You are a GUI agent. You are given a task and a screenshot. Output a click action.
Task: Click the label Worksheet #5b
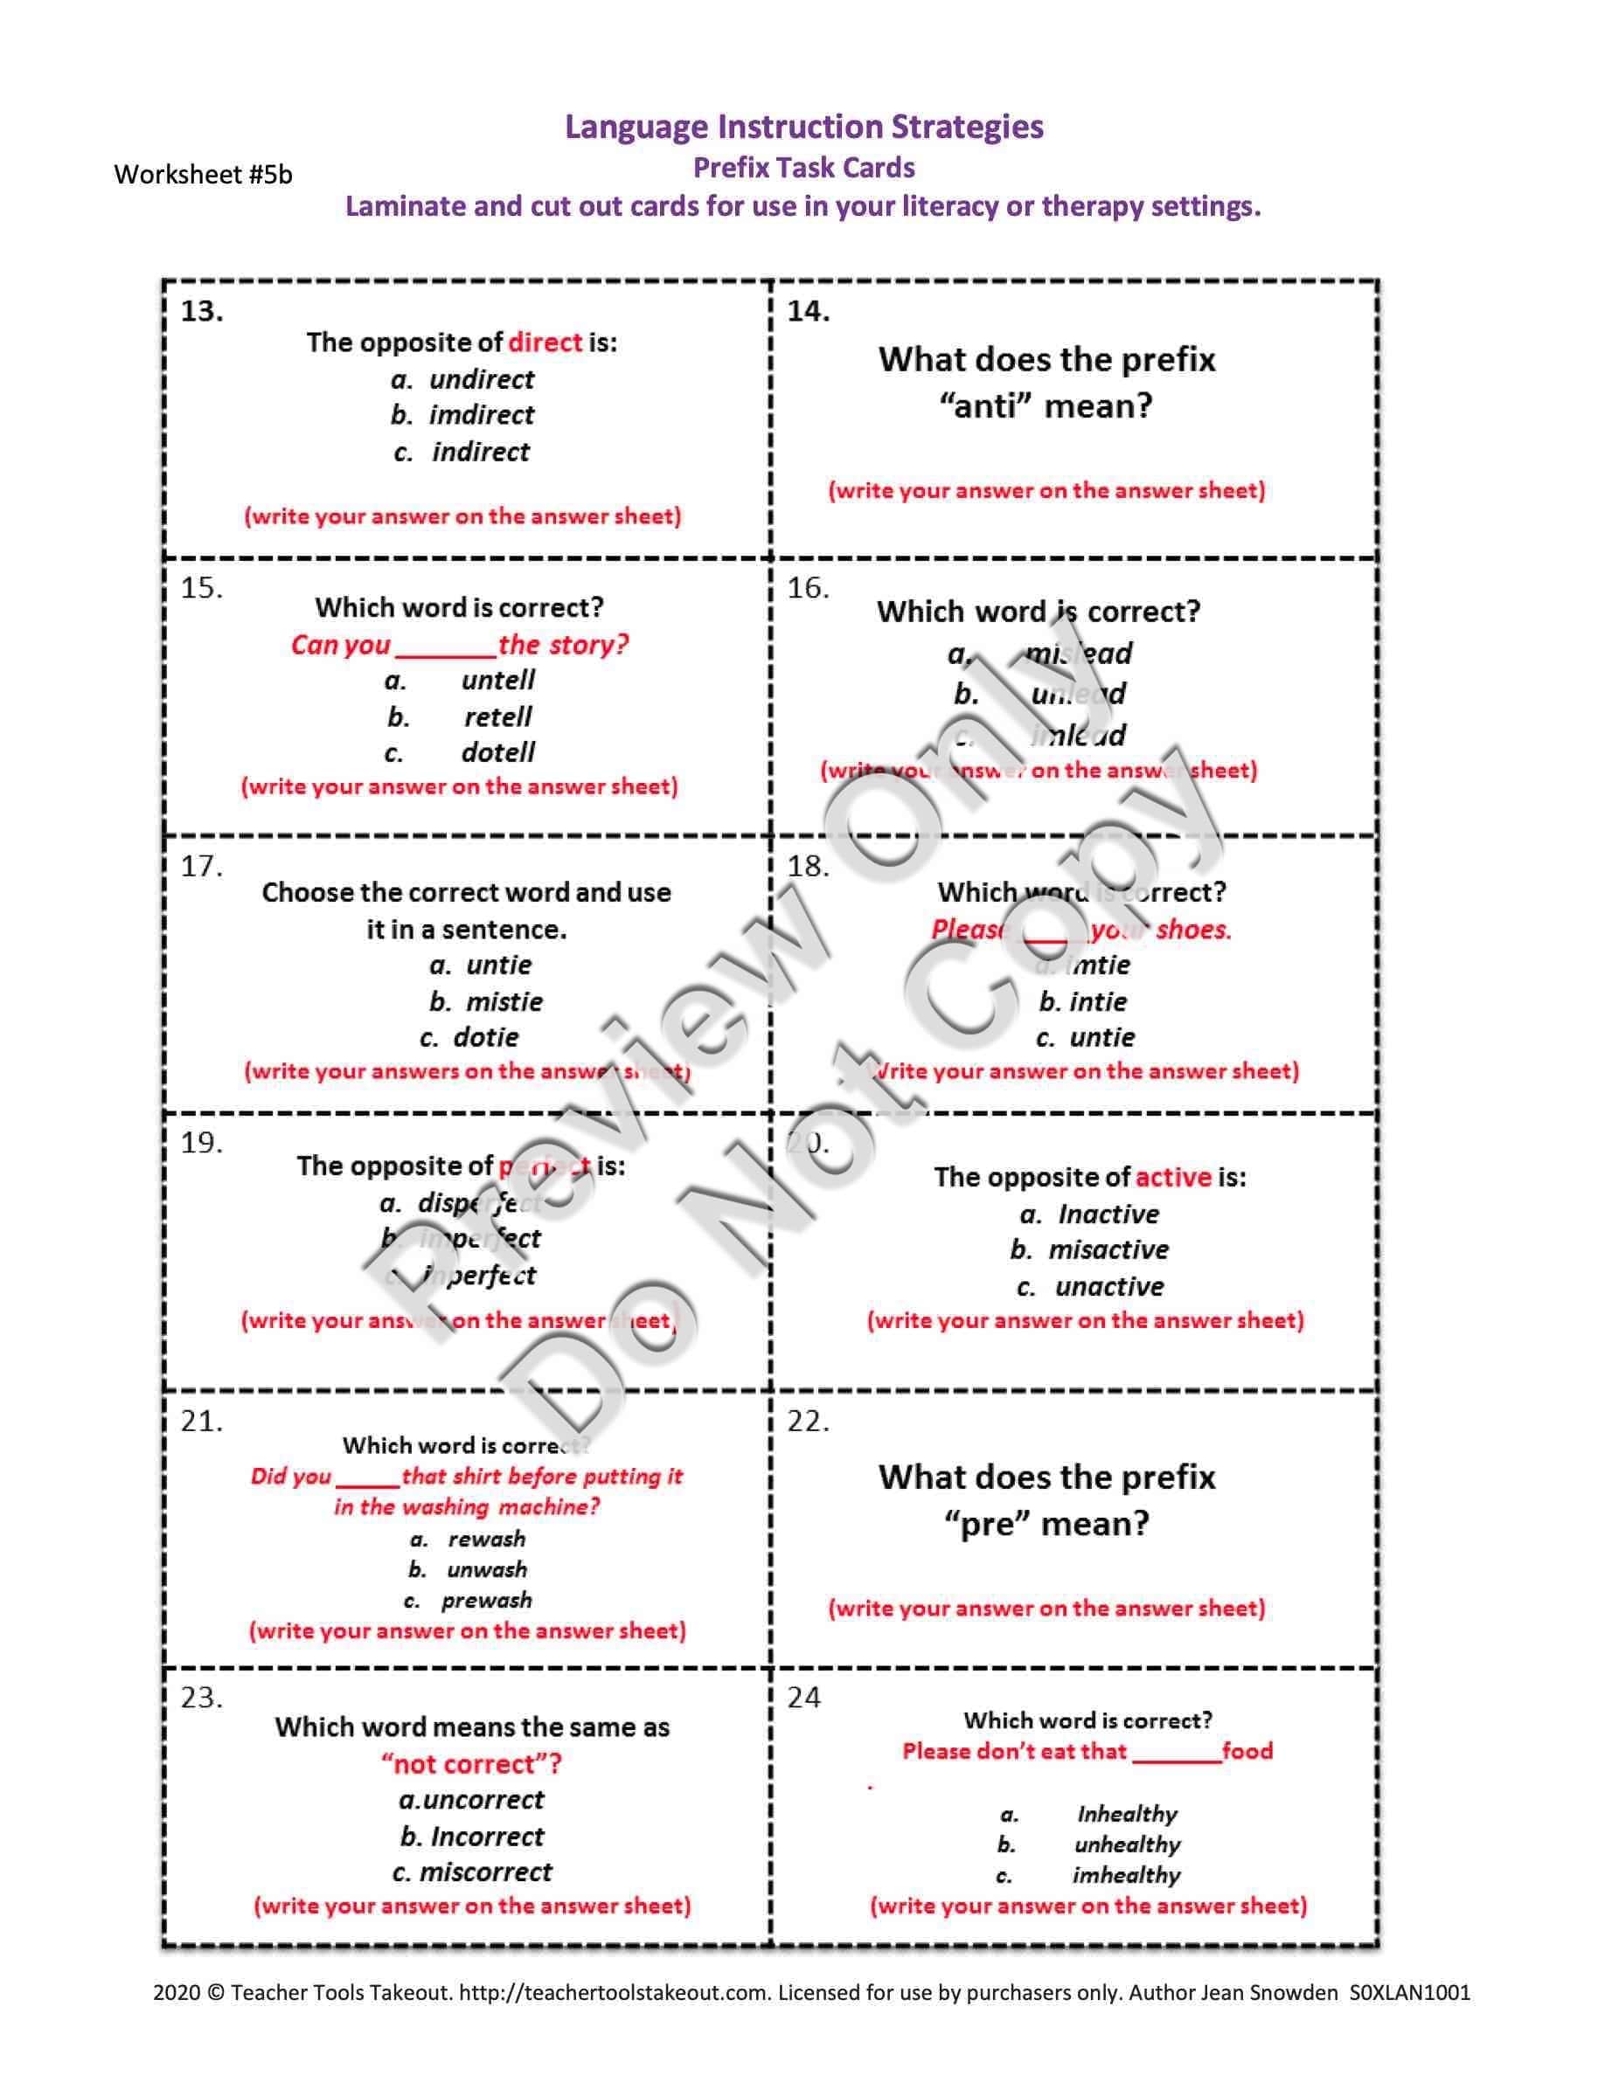click(x=203, y=175)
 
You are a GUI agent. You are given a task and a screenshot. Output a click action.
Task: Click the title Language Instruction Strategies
click(x=803, y=127)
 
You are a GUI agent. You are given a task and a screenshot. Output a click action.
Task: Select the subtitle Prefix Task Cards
click(x=803, y=169)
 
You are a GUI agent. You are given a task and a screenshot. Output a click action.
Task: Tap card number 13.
click(x=202, y=312)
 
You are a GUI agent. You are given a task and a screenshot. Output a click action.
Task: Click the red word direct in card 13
click(x=545, y=343)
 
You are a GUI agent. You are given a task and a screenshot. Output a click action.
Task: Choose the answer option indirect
click(x=480, y=452)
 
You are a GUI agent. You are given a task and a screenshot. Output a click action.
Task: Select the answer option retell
click(x=497, y=716)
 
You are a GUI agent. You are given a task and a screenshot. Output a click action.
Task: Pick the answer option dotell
click(x=497, y=753)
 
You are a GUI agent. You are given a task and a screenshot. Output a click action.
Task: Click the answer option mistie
click(x=504, y=1002)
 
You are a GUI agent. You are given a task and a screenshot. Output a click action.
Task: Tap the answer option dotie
click(x=486, y=1037)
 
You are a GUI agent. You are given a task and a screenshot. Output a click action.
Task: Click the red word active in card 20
click(x=1173, y=1178)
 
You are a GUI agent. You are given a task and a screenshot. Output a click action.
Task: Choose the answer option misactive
click(x=1108, y=1250)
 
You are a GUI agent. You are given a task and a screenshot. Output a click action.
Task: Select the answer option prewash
click(x=486, y=1600)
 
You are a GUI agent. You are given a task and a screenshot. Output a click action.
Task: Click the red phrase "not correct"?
click(x=470, y=1764)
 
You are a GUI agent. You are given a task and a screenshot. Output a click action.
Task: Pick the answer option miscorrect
click(x=485, y=1872)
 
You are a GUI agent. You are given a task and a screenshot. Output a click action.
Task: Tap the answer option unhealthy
click(x=1127, y=1845)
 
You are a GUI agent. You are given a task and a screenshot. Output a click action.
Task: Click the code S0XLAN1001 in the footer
click(x=1409, y=1992)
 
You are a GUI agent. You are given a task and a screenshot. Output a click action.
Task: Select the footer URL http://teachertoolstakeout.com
click(x=615, y=1992)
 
